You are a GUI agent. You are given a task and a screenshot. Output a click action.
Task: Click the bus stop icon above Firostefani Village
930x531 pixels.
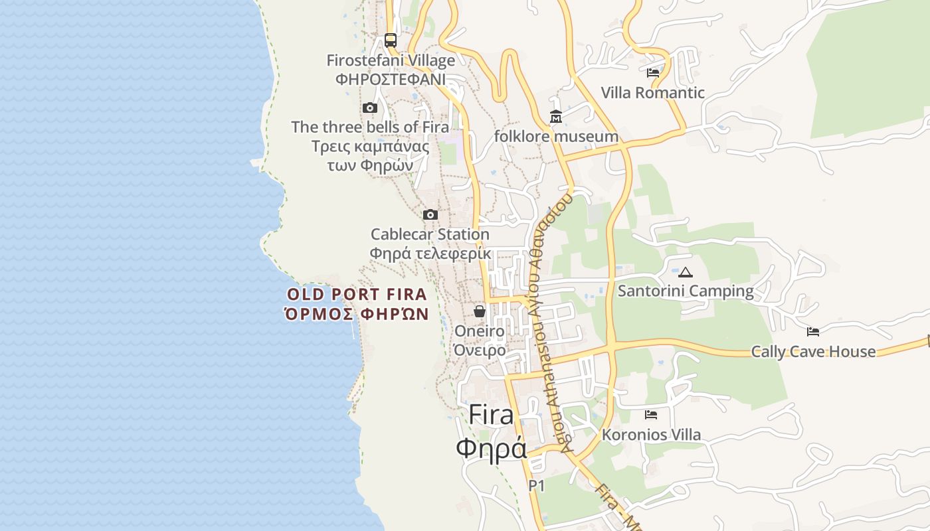coord(391,40)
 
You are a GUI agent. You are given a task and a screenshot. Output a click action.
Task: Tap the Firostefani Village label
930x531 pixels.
coord(391,60)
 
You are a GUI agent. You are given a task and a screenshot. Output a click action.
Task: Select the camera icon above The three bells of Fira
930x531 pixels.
coord(370,108)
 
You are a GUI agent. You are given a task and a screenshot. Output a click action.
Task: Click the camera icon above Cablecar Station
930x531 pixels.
coord(430,214)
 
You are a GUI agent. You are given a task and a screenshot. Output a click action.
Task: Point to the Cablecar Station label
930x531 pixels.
coord(430,234)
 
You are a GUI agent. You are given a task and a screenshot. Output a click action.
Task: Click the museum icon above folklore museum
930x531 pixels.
coord(556,117)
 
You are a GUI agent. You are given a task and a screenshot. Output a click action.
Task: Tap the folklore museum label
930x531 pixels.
coord(556,137)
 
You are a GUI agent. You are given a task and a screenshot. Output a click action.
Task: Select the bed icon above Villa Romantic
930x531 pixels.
coord(653,73)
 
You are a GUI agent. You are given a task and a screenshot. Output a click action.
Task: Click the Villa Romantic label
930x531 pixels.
coord(652,93)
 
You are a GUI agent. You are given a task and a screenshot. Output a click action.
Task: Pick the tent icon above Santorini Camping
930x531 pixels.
coord(686,272)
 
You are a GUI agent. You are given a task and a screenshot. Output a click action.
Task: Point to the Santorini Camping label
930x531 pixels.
coord(686,291)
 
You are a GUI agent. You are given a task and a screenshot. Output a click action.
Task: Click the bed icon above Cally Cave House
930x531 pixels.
coord(813,332)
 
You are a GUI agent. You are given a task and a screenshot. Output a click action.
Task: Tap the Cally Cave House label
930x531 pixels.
coord(813,352)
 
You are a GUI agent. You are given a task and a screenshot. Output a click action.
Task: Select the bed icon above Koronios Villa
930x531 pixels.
coord(651,415)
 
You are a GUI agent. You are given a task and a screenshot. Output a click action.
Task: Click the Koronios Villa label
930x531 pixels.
coord(651,435)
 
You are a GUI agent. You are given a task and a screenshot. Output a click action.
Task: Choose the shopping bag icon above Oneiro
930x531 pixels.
coord(480,311)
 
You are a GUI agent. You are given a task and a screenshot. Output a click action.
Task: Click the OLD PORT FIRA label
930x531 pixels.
coord(357,294)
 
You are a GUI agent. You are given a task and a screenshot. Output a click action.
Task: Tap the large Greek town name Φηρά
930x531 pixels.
coord(491,448)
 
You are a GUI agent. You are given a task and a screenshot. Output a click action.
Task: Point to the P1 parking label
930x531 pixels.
coord(537,486)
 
